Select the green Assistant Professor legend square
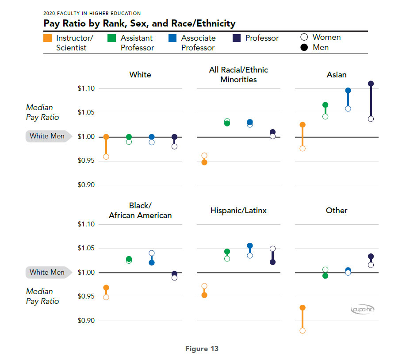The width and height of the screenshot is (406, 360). click(112, 38)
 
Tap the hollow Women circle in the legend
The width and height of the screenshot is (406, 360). click(304, 37)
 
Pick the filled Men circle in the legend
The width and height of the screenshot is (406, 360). click(304, 47)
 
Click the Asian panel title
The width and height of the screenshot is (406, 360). click(337, 75)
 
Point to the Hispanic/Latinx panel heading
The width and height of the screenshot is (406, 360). click(238, 211)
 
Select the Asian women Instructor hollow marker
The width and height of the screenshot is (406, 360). click(303, 149)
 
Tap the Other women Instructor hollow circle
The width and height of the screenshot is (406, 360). click(303, 330)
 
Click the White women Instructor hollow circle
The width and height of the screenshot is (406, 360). click(106, 157)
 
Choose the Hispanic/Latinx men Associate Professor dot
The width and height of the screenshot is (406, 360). click(250, 246)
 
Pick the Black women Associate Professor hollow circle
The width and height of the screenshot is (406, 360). click(152, 253)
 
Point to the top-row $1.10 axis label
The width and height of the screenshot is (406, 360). click(86, 89)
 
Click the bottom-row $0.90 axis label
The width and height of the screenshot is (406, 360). click(86, 321)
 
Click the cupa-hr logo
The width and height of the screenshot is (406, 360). click(362, 310)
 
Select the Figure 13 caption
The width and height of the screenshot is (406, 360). click(202, 349)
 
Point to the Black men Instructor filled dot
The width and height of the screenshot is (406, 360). click(106, 288)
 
